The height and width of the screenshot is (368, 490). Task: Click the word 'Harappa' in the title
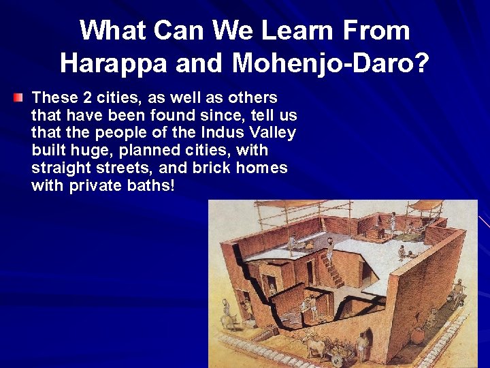tap(112, 63)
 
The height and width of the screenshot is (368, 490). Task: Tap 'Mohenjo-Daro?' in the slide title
tap(331, 63)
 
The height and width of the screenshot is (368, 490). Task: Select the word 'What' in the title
tap(111, 30)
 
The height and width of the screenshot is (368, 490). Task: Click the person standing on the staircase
tap(329, 253)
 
